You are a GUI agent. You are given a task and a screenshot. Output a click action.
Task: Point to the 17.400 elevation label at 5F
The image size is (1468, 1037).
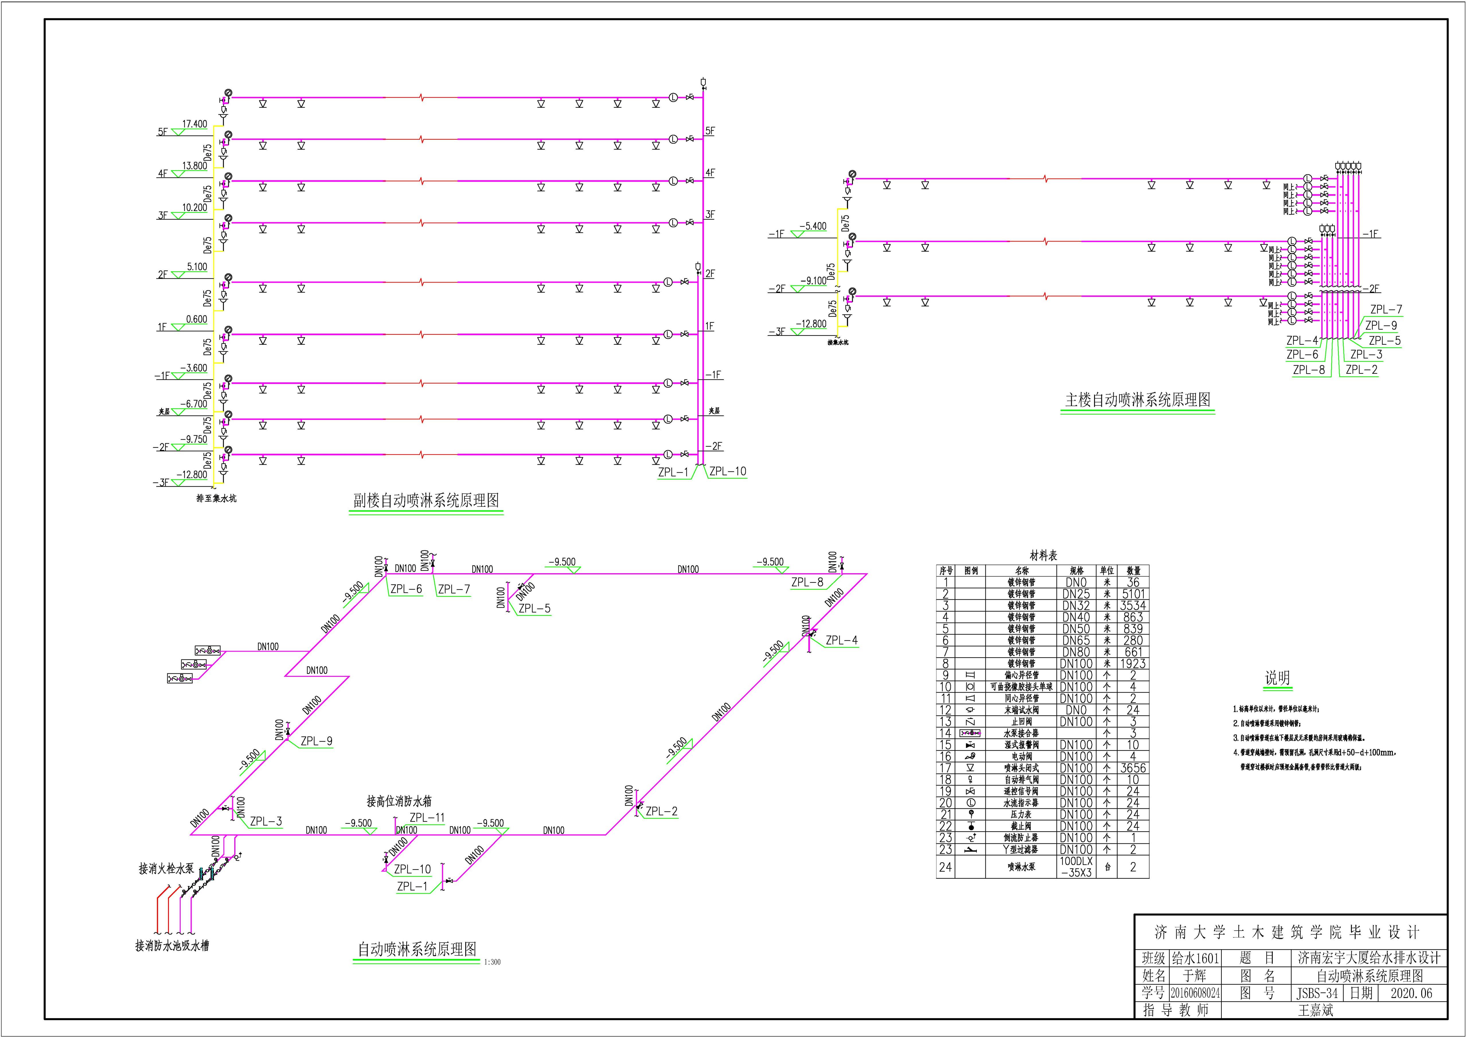tap(194, 124)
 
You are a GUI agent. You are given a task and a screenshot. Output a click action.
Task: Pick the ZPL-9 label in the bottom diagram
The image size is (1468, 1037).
tap(317, 741)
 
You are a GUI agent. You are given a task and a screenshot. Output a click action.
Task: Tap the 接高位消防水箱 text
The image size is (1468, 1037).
tap(399, 801)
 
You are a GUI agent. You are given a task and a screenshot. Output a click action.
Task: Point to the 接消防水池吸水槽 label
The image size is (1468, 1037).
tap(172, 946)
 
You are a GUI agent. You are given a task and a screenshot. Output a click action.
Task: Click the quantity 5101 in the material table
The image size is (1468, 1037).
tap(1133, 594)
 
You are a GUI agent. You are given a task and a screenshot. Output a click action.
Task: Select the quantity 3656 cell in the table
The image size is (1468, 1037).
tap(1133, 768)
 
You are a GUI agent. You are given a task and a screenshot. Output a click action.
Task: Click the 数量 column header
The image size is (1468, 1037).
tap(1133, 570)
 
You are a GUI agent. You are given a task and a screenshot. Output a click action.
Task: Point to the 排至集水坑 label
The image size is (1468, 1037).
tap(216, 498)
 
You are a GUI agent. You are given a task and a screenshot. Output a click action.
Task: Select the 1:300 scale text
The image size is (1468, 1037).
tap(492, 962)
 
